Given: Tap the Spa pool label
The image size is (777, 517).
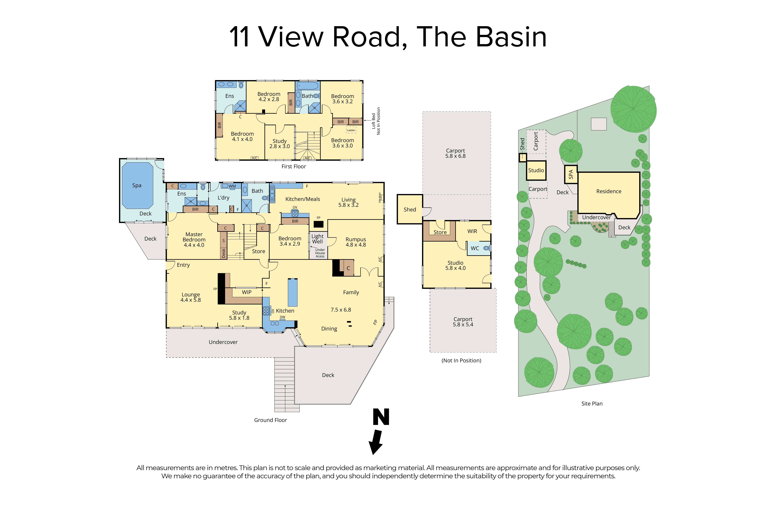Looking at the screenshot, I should click(x=137, y=185).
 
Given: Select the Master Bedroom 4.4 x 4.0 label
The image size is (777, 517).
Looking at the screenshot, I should click(x=194, y=240).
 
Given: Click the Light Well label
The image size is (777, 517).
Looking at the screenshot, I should click(x=317, y=239).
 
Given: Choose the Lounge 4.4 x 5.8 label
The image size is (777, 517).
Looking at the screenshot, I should click(x=190, y=297).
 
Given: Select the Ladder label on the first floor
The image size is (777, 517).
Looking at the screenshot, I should click(x=351, y=130).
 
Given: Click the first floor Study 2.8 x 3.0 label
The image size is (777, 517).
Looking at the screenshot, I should click(x=279, y=143).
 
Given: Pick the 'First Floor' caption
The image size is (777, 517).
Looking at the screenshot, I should click(x=293, y=166).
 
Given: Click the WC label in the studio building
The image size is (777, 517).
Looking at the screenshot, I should click(x=474, y=248).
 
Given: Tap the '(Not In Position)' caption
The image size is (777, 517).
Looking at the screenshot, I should click(x=461, y=360).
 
